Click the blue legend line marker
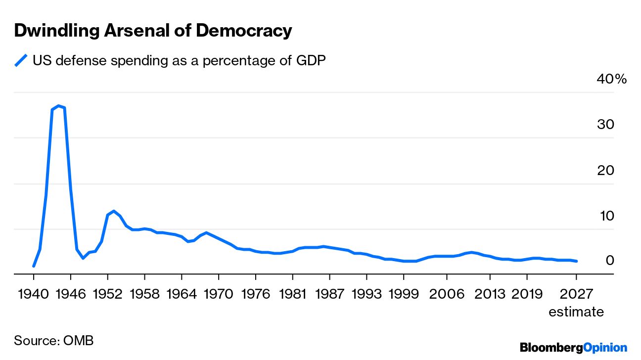21,60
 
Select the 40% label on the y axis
612,79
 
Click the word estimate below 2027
576,312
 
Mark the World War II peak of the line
58,105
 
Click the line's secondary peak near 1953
114,211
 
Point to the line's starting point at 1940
34,266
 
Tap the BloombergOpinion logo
573,348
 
